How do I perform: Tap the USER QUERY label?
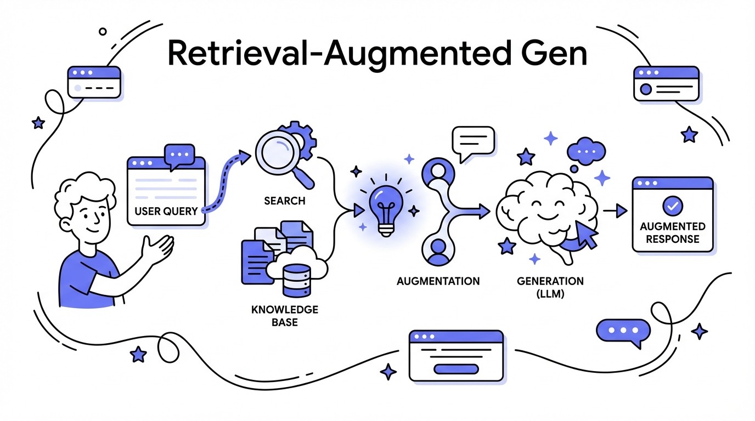(x=166, y=211)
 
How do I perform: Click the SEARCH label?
(x=284, y=201)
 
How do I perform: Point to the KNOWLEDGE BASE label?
(x=284, y=315)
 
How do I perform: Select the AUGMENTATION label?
(x=438, y=281)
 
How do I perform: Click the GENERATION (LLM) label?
(x=550, y=287)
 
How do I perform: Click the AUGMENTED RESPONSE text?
(x=672, y=232)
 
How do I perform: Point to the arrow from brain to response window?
(x=616, y=210)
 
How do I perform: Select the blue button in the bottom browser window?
(x=456, y=368)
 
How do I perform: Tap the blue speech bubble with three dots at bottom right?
(x=622, y=331)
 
